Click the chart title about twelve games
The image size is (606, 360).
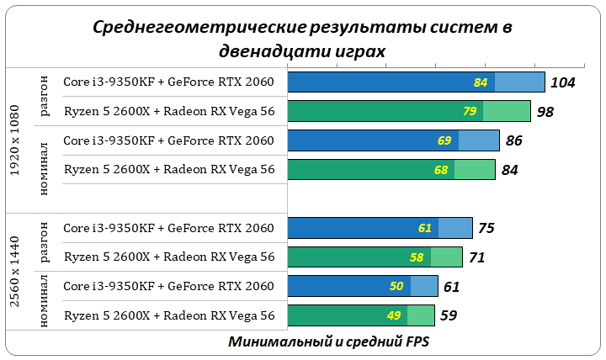click(302, 39)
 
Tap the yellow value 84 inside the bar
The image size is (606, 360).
click(481, 82)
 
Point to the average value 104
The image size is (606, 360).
click(562, 82)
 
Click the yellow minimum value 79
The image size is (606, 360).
click(470, 111)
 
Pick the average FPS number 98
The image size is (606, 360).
click(545, 111)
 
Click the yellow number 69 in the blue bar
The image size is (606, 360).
click(444, 140)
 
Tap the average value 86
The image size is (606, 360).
click(514, 140)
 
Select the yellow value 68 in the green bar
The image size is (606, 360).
click(441, 170)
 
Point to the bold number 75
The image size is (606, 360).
click(487, 228)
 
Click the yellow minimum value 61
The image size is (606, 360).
click(425, 228)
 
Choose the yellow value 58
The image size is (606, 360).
click(417, 257)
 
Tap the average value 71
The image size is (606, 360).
click(477, 257)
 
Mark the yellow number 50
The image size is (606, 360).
click(396, 286)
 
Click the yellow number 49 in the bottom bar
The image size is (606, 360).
click(394, 315)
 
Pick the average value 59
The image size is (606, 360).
click(449, 315)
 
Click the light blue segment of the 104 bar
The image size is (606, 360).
click(519, 82)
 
